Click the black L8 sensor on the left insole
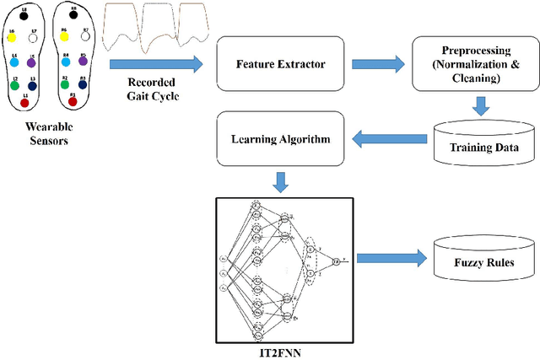(x=24, y=15)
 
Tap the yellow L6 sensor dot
(x=12, y=36)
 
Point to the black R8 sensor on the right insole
(x=73, y=14)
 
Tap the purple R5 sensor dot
(x=83, y=61)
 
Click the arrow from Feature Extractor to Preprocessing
(x=378, y=63)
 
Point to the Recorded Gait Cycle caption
(x=153, y=88)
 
